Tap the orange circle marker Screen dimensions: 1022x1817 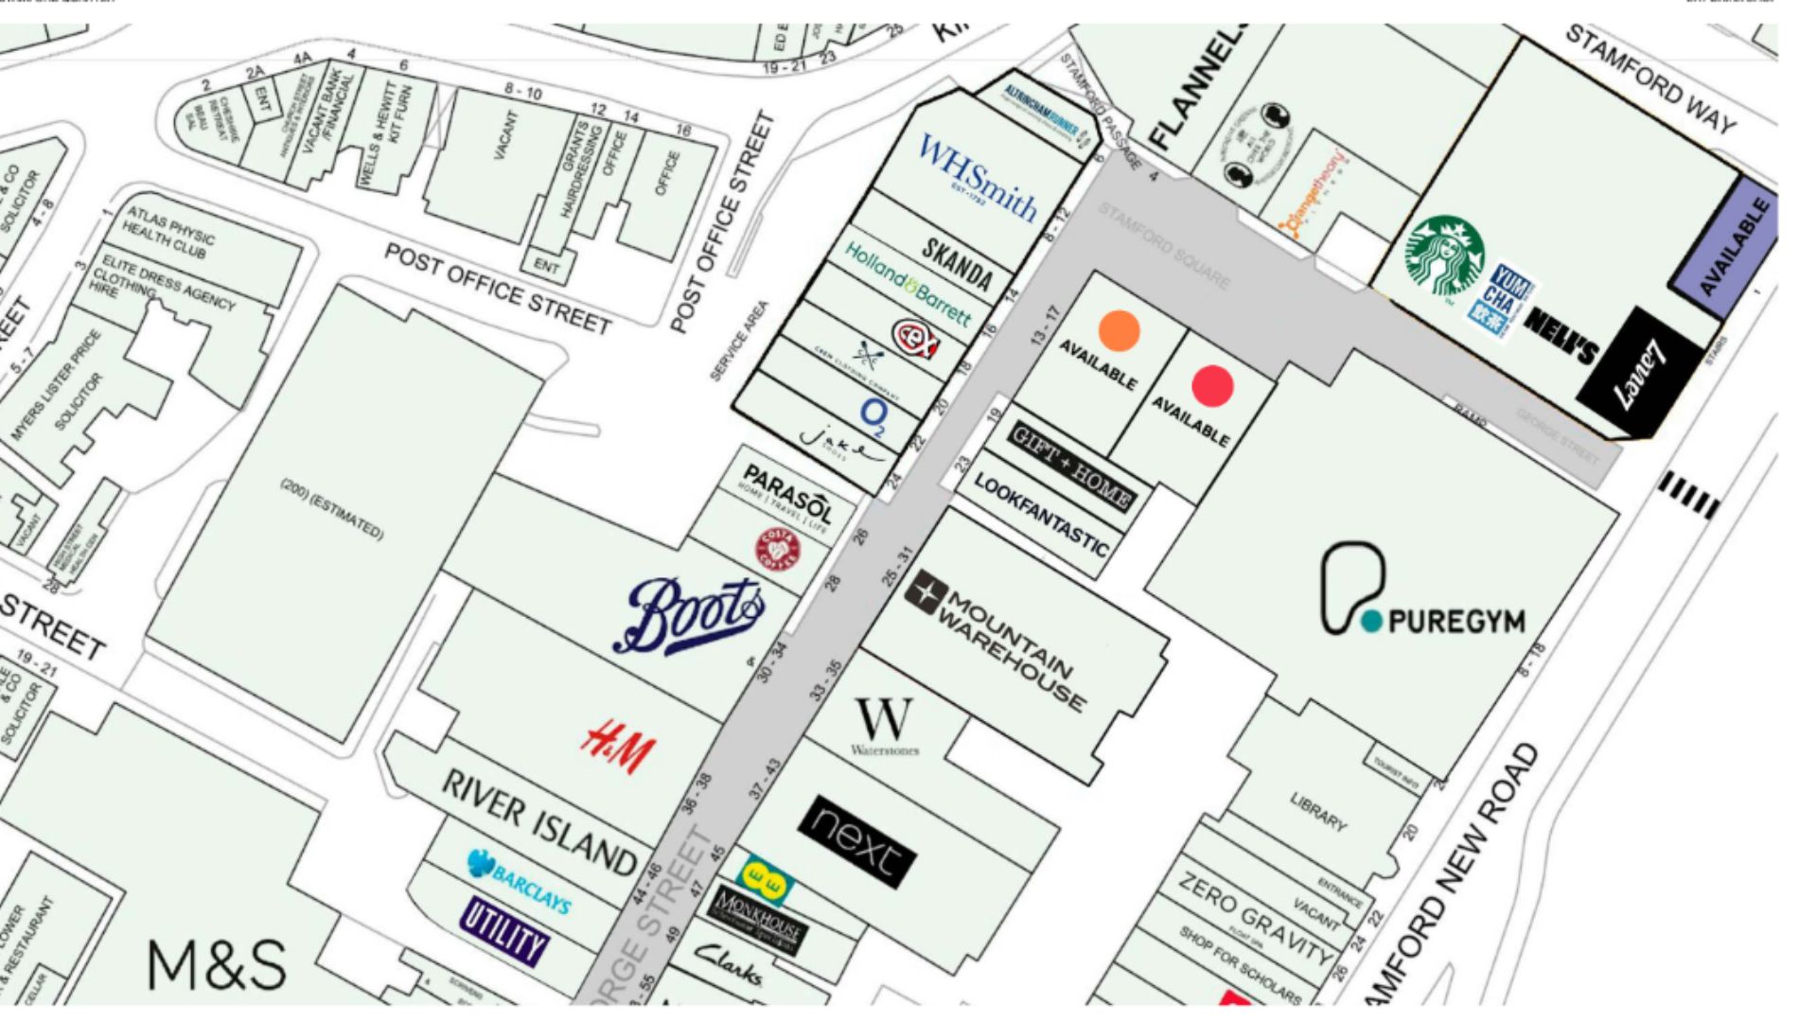(1119, 330)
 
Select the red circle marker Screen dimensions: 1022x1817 (1212, 386)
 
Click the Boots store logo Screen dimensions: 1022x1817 (694, 615)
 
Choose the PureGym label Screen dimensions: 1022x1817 (1421, 592)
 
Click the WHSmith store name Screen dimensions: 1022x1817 (979, 178)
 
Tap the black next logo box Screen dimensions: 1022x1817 (857, 841)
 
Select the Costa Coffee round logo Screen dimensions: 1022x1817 (777, 550)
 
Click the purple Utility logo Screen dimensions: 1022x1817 (504, 930)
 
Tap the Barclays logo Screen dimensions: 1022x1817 (520, 880)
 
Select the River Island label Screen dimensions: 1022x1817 (540, 821)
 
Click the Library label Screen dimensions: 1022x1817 (1317, 812)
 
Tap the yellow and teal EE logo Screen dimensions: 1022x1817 (764, 880)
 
